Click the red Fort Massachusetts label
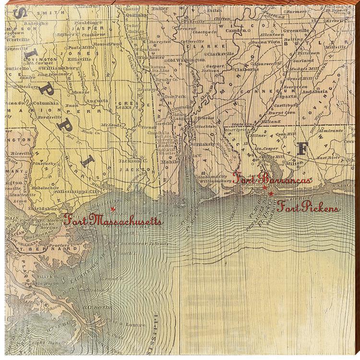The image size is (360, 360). coord(112,221)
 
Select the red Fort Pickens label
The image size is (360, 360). coord(307,208)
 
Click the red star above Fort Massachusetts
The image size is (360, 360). coord(113,209)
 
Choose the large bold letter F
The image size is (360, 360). coord(302,148)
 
